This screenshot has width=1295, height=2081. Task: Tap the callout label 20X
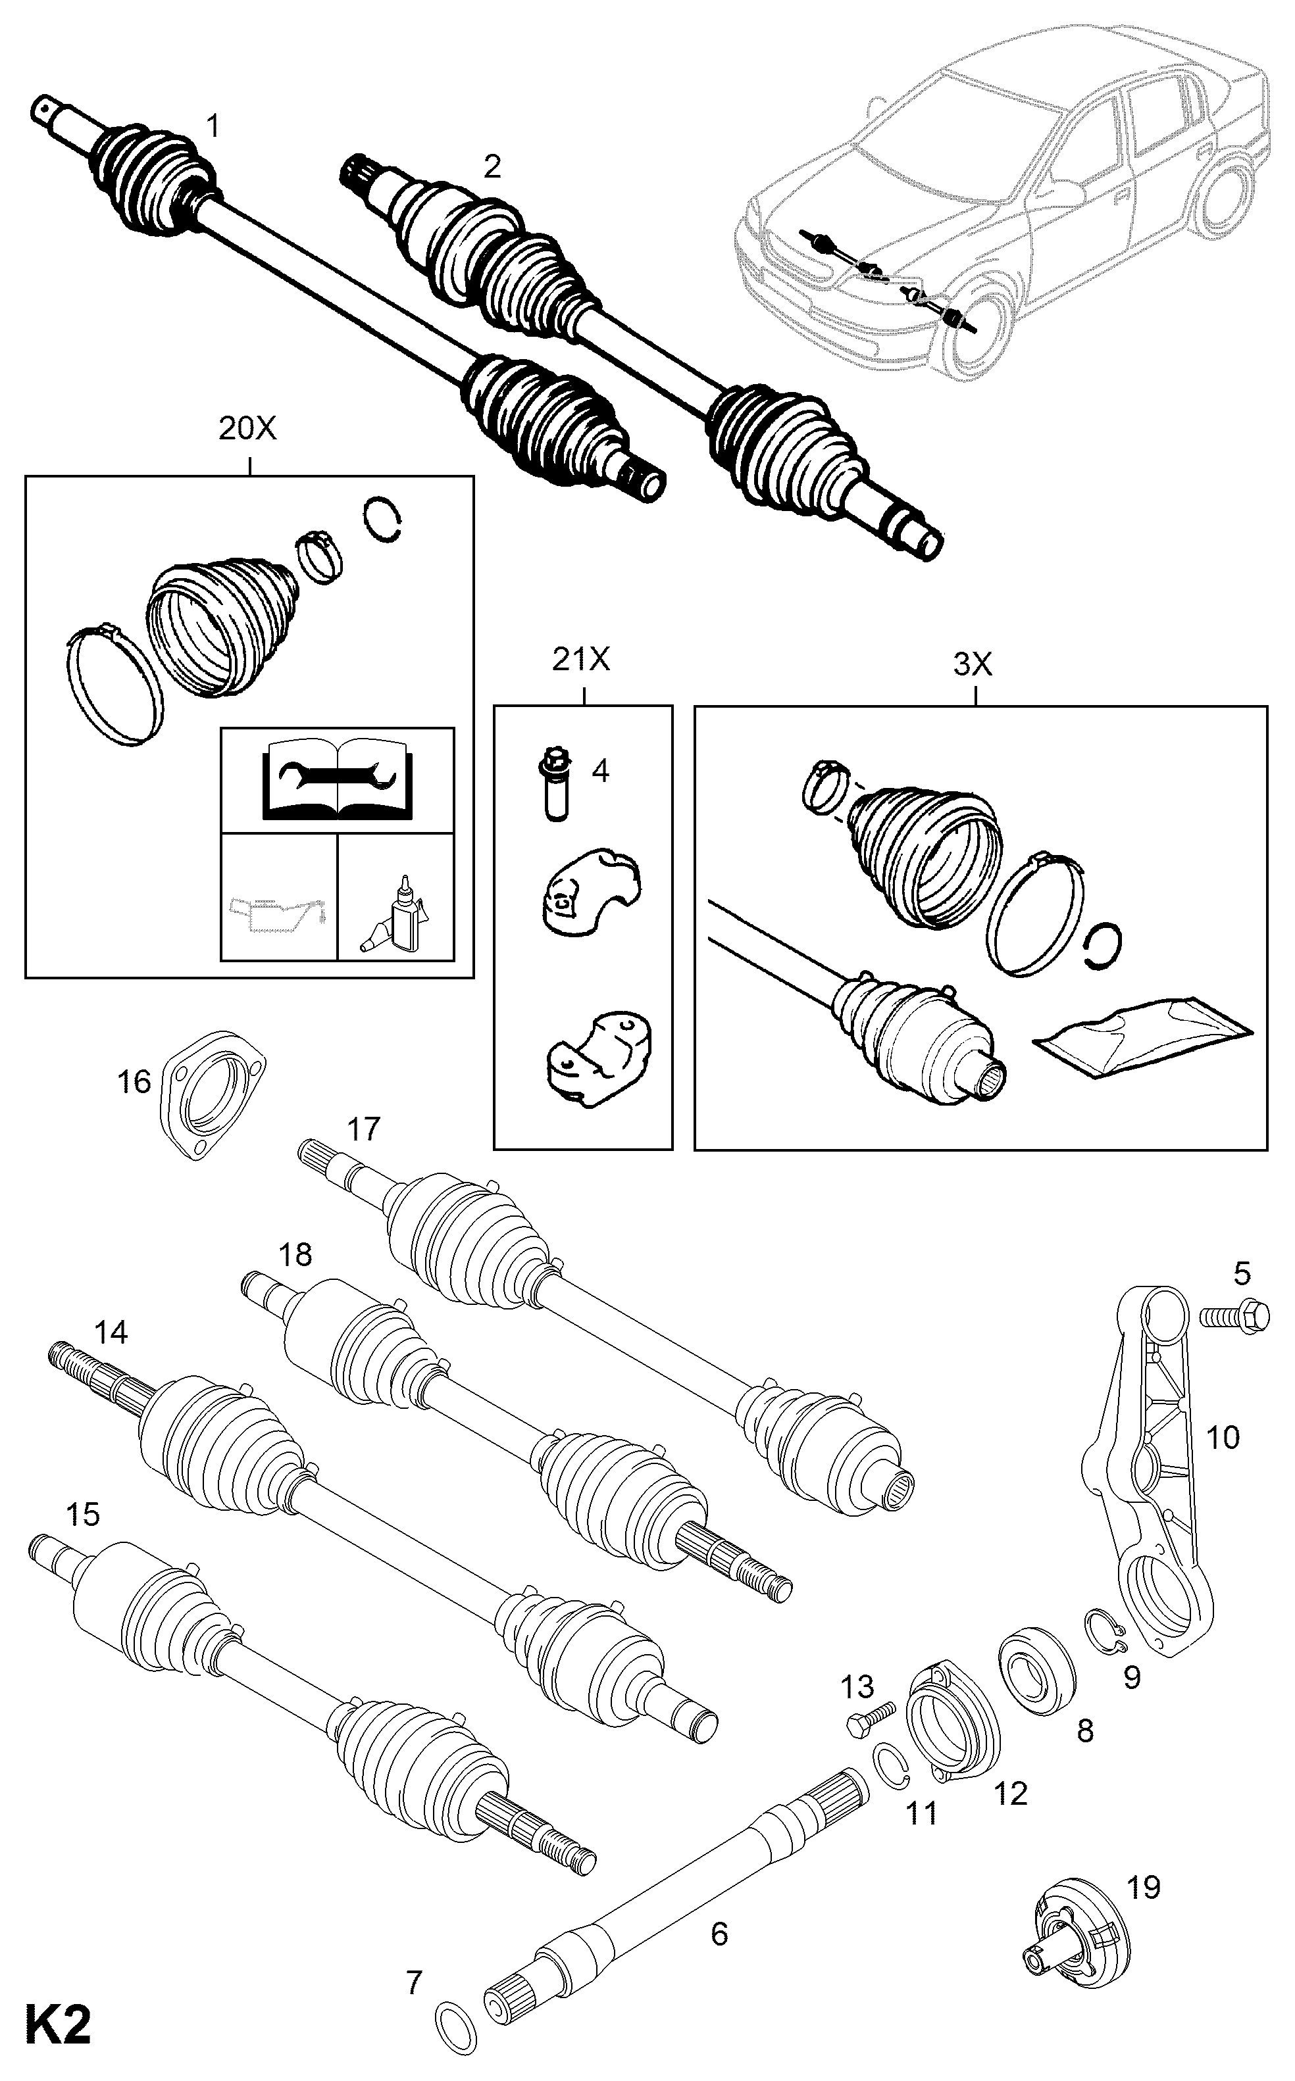[247, 428]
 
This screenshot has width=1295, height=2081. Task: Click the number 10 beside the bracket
[1222, 1437]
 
